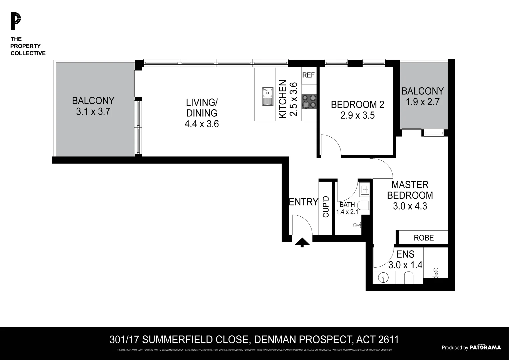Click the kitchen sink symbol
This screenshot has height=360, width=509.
tap(268, 96)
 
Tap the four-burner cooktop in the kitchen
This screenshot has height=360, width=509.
tap(309, 101)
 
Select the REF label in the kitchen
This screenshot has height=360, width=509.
tap(308, 75)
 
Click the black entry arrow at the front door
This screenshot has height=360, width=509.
tap(302, 243)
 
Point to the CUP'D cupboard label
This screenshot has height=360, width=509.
tap(326, 207)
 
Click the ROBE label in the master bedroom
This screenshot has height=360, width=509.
tap(424, 238)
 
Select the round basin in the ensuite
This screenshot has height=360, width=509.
tap(384, 277)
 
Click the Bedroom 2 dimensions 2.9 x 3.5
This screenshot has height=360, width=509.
tap(358, 115)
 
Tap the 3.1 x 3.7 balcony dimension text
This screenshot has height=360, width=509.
tap(93, 112)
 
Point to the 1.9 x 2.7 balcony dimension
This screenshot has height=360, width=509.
tap(422, 102)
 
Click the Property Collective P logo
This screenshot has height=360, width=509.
tap(15, 21)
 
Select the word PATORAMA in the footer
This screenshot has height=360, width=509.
tap(485, 347)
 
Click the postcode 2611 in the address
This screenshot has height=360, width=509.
tap(389, 340)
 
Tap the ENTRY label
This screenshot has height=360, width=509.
tap(303, 202)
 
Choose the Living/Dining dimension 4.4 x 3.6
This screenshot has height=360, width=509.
tap(201, 124)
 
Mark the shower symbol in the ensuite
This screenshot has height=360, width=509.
tap(435, 272)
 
